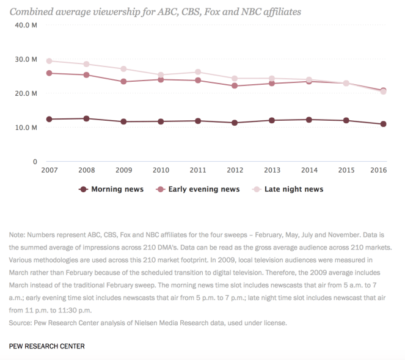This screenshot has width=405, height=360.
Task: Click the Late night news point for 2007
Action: (49, 61)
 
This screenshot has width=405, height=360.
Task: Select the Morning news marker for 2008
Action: (86, 118)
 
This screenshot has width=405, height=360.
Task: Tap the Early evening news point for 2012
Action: (235, 86)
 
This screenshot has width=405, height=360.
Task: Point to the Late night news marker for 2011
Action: (197, 72)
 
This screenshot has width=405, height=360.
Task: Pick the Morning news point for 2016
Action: (383, 124)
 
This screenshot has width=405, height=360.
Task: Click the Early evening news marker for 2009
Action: (123, 81)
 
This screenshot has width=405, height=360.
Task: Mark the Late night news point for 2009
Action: (123, 69)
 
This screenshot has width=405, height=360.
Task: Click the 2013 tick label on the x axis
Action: (272, 170)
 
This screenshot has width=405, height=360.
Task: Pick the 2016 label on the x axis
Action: (383, 170)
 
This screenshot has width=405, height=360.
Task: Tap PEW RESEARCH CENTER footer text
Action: (47, 346)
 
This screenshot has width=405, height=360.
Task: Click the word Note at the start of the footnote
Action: (16, 234)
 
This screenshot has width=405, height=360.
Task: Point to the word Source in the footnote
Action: (21, 323)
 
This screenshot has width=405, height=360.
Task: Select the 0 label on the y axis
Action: (35, 162)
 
